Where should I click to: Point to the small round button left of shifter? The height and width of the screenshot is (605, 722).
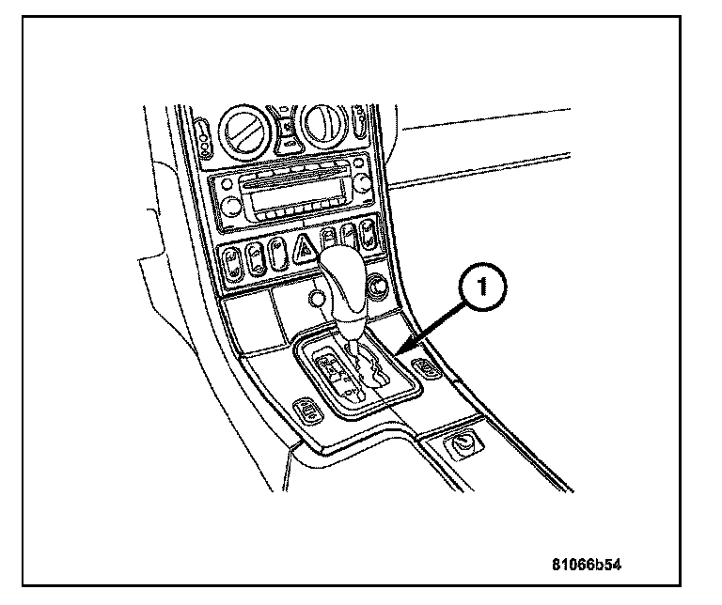[318, 300]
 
